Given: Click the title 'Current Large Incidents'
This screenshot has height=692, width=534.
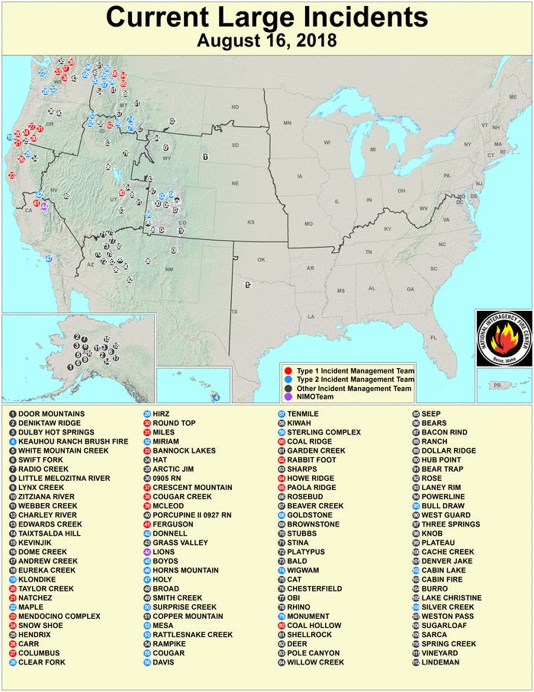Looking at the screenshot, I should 266,17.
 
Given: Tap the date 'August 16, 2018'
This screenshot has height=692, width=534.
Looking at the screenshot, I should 266,40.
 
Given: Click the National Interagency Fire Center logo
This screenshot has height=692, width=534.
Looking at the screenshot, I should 503,337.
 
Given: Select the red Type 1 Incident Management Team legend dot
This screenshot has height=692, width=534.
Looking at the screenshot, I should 285,369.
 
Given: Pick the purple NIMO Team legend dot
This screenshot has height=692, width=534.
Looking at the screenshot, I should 285,398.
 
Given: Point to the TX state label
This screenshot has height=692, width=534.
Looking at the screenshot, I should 234,312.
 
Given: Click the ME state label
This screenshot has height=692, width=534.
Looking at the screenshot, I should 512,98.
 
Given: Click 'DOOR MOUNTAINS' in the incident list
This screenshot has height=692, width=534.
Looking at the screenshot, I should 51,414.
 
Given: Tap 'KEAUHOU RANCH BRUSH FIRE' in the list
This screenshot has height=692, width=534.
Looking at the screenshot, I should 74,441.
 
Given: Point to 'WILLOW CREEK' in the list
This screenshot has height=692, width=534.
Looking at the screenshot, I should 313,662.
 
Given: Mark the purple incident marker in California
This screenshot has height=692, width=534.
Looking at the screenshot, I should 44,207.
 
